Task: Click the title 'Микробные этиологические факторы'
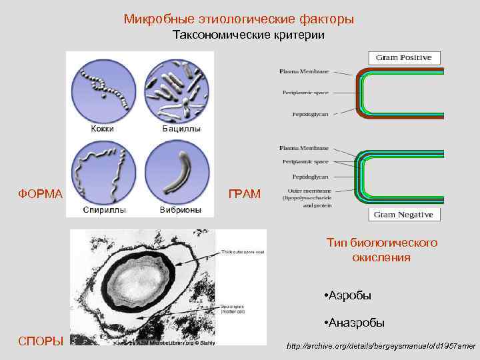click(239, 19)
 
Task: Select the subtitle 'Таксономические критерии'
click(249, 35)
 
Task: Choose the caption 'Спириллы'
click(102, 209)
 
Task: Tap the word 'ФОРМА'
click(40, 194)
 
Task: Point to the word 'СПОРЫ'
click(41, 341)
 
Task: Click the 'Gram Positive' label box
click(403, 57)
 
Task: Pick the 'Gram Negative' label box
click(403, 215)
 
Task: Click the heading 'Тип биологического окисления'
click(382, 250)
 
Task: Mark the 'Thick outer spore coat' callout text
click(243, 253)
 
